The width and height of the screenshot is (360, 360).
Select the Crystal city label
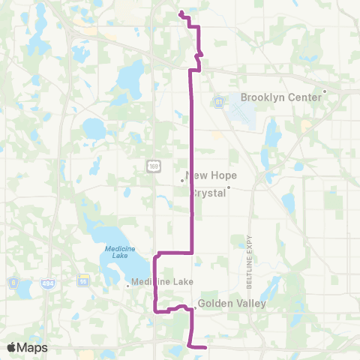click(x=209, y=192)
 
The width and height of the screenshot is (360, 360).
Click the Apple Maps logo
click(x=27, y=347)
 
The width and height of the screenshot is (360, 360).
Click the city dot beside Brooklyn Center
click(x=325, y=91)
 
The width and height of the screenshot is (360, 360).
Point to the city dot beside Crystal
click(x=229, y=188)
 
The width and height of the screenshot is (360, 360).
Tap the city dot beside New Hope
click(x=182, y=180)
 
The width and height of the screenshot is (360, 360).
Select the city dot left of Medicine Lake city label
click(x=127, y=283)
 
